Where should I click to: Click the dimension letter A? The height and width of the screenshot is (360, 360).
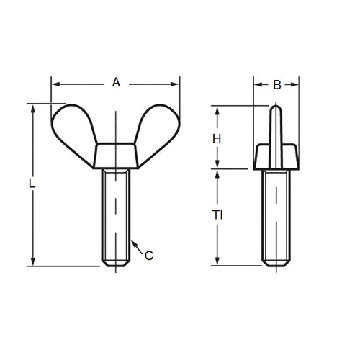[x=116, y=83]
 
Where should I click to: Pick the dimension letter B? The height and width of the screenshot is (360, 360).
[x=276, y=85]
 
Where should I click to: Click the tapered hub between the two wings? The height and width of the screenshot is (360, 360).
[x=116, y=156]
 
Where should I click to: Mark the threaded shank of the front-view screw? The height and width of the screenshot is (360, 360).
[x=116, y=216]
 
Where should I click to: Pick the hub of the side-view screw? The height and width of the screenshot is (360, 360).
[x=276, y=156]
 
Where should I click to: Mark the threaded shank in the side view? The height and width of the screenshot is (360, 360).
[x=276, y=216]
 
